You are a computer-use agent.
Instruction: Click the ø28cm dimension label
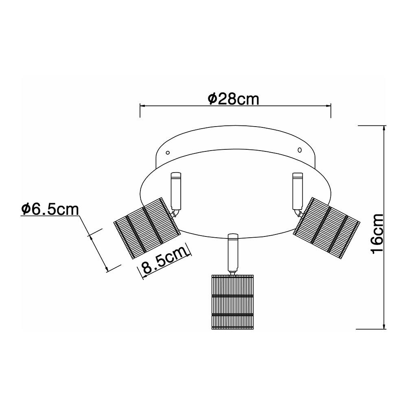point(233,98)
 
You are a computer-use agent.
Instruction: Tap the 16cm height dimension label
point(377,233)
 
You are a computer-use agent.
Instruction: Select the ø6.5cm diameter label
point(50,209)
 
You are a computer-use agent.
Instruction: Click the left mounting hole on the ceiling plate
point(168,152)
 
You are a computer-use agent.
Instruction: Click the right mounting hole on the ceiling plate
point(300,150)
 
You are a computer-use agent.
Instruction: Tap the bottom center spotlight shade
point(232,302)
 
